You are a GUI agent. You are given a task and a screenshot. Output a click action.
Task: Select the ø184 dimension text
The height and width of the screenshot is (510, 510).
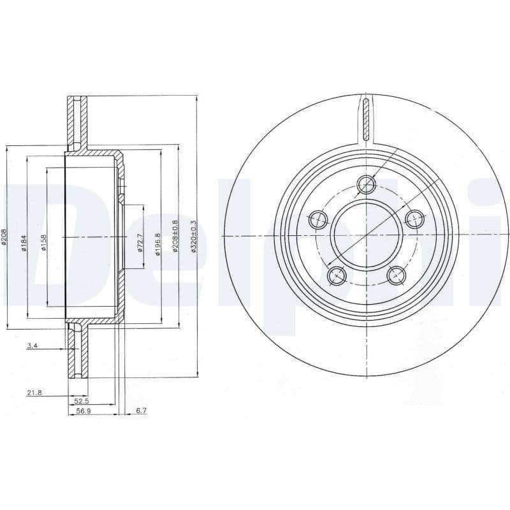pos(24,242)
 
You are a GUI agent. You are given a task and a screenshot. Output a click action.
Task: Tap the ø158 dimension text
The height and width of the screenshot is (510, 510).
pos(43,243)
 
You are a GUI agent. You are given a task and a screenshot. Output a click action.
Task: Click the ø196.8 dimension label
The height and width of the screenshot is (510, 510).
pos(157,243)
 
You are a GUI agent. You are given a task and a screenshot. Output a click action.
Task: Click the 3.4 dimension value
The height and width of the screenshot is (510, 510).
pos(32,346)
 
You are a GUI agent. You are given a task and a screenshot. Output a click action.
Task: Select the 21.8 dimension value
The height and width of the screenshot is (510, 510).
pos(34,393)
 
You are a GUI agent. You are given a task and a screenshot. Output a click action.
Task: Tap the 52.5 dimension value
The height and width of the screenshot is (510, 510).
pos(81,400)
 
